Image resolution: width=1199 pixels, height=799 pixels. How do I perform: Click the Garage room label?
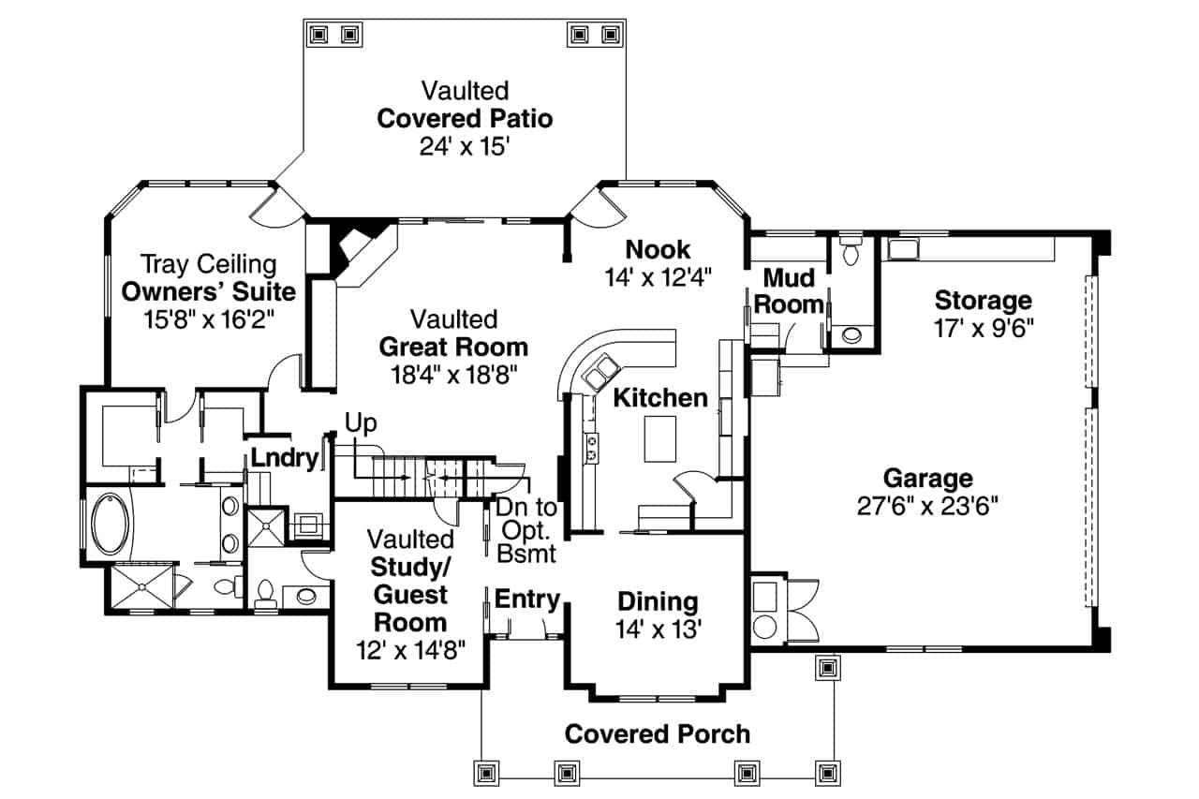tap(927, 479)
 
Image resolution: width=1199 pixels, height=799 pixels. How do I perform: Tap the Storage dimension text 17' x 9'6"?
tap(983, 328)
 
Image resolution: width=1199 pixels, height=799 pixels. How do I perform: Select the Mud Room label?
tap(788, 290)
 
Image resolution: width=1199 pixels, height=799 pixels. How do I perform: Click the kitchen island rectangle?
tap(659, 439)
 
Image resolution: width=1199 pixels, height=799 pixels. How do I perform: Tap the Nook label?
tap(658, 249)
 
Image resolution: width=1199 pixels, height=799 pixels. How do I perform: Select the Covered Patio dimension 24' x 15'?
tap(464, 146)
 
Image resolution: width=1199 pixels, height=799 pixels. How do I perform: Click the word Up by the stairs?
tap(361, 423)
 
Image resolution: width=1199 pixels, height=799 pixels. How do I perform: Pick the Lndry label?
tap(285, 459)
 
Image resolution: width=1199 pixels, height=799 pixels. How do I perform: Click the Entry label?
tap(526, 599)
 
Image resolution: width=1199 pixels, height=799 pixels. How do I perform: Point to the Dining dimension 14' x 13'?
tap(658, 629)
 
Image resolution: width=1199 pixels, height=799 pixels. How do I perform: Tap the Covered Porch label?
tap(657, 734)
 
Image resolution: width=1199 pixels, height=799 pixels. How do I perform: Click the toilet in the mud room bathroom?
tap(851, 252)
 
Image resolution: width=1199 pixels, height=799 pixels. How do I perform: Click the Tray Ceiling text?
tap(208, 263)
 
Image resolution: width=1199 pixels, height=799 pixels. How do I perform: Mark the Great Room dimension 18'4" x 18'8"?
tap(452, 374)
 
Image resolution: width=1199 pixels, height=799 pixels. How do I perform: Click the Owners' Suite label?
tap(208, 290)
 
